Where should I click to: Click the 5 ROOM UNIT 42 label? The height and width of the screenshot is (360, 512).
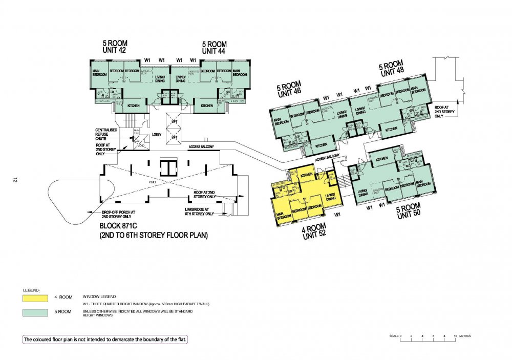click(x=115, y=47)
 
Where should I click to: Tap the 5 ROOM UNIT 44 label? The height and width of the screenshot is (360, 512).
click(x=214, y=47)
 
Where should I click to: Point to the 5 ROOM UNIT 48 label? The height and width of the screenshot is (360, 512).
click(x=391, y=68)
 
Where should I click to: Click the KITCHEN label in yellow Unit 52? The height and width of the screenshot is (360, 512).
click(x=307, y=176)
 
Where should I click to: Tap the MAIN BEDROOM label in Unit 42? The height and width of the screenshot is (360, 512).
click(x=99, y=72)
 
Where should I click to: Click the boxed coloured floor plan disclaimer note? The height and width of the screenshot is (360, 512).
click(x=109, y=340)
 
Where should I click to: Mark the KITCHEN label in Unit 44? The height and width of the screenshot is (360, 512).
click(x=207, y=105)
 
